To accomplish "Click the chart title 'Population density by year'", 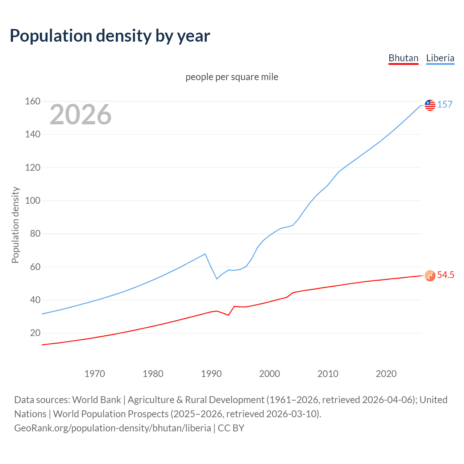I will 110,36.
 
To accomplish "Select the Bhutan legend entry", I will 403,58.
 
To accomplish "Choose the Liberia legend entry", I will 440,58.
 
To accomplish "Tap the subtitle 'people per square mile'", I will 232,77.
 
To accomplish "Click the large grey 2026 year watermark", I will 80,115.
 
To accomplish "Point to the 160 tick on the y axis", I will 33,101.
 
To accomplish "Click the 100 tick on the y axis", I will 33,200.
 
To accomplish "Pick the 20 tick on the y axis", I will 35,333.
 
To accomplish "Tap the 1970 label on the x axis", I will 95,374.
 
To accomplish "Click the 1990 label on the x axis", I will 211,374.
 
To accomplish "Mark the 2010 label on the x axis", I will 328,374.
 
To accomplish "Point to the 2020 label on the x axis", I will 386,374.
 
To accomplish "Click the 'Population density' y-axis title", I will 15,225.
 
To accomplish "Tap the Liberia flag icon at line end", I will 430,105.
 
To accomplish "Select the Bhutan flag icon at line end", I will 430,276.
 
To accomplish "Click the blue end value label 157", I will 445,104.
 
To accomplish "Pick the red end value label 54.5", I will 446,275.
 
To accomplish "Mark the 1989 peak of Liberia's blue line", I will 206,254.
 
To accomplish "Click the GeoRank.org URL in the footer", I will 112,428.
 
